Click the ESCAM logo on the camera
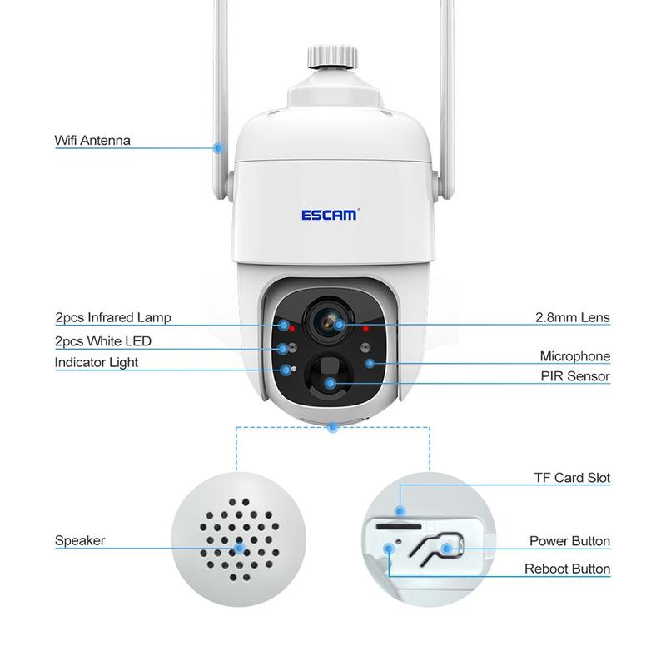pos(329,215)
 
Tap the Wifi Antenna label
pos(92,141)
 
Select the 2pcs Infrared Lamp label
pos(112,317)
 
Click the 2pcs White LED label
pos(103,341)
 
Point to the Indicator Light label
pos(97,362)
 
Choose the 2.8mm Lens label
pos(572,317)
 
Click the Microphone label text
pos(574,356)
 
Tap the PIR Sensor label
pos(574,376)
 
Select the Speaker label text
pos(80,540)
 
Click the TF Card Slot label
pos(572,478)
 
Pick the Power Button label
pos(569,541)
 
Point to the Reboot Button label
pos(567,569)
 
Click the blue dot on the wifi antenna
pos(218,147)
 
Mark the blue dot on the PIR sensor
pos(331,383)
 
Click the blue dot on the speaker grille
pos(240,548)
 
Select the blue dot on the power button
pos(446,548)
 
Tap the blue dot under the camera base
pos(333,428)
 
